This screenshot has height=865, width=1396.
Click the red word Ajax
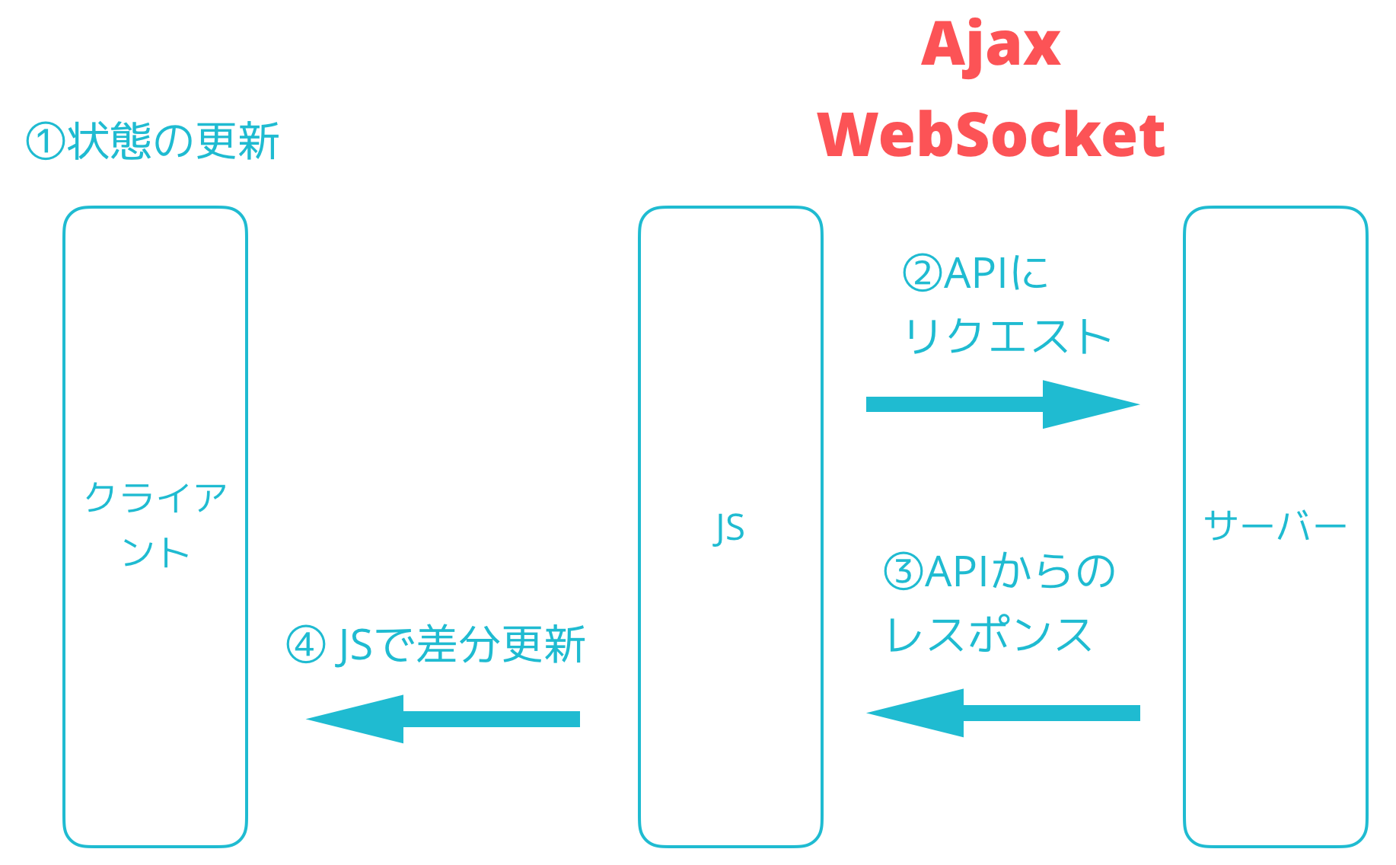pyautogui.click(x=990, y=46)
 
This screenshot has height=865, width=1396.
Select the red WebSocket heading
pyautogui.click(x=990, y=135)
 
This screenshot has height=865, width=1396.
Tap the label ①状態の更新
pyautogui.click(x=153, y=142)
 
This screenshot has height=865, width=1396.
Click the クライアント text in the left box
pyautogui.click(x=155, y=525)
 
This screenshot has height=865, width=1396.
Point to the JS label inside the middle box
pyautogui.click(x=729, y=528)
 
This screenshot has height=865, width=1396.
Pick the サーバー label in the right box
pyautogui.click(x=1275, y=526)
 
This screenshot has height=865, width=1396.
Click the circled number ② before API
pyautogui.click(x=922, y=273)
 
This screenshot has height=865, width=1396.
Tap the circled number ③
pyautogui.click(x=903, y=572)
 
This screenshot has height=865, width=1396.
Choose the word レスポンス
pyautogui.click(x=990, y=635)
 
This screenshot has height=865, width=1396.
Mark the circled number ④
pyautogui.click(x=305, y=645)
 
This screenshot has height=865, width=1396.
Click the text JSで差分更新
pyautogui.click(x=460, y=645)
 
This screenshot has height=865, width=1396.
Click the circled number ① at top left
pyautogui.click(x=46, y=142)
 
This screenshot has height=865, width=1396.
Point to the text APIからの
pyautogui.click(x=1020, y=572)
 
